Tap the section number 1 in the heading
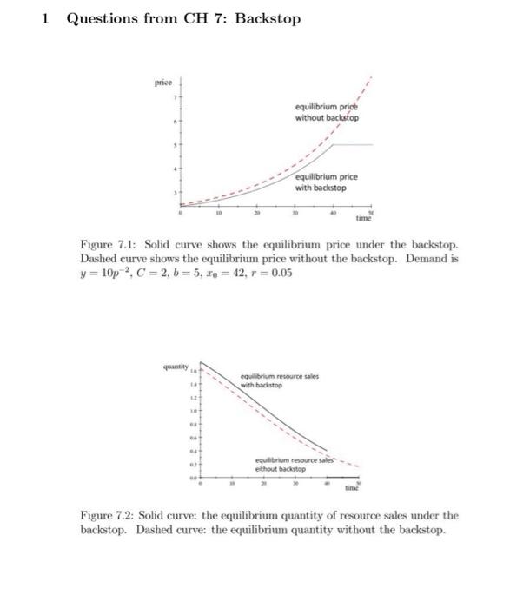[x=43, y=17]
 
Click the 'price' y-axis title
[x=162, y=83]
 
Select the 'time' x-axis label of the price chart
[x=365, y=220]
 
